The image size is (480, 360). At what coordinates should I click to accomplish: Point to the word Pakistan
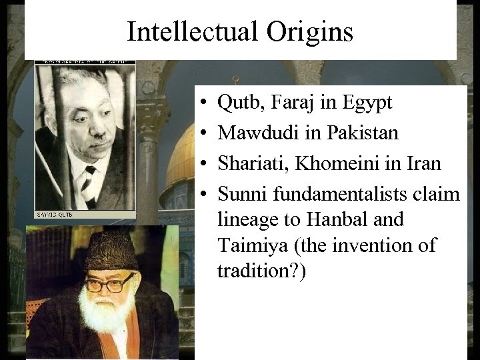363,133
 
